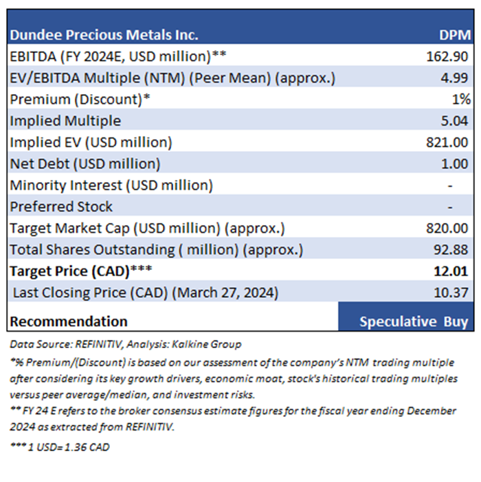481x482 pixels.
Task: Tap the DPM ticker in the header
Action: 455,35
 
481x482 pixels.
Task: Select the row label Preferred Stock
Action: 61,207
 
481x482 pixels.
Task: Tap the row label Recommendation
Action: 69,321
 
